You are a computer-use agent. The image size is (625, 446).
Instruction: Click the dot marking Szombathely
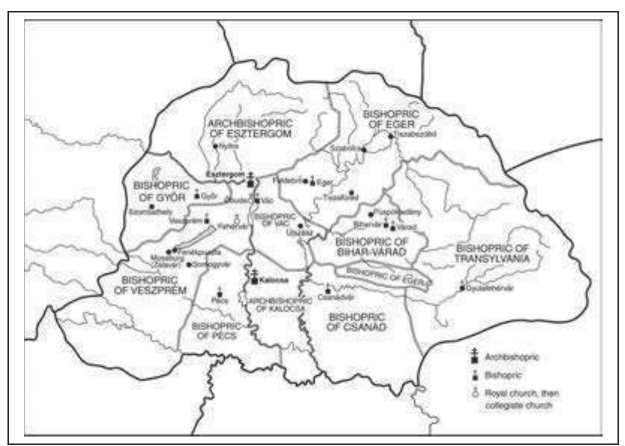[145, 206]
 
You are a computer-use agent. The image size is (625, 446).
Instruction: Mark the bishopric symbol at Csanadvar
[327, 290]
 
